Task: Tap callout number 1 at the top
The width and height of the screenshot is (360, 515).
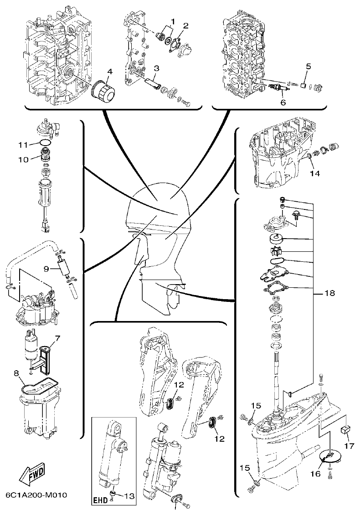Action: (173, 21)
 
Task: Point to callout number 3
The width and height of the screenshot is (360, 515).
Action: (156, 68)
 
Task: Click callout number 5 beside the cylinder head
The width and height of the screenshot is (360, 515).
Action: (308, 66)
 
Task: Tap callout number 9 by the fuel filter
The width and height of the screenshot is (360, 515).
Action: (46, 269)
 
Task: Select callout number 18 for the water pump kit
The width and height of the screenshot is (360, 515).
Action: (330, 294)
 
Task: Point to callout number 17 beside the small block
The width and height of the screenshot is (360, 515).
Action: (349, 446)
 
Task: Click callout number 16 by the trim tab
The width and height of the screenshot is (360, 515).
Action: (315, 474)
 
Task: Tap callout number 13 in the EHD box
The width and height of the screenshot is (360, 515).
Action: (130, 496)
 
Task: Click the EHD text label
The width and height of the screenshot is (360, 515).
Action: (102, 500)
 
